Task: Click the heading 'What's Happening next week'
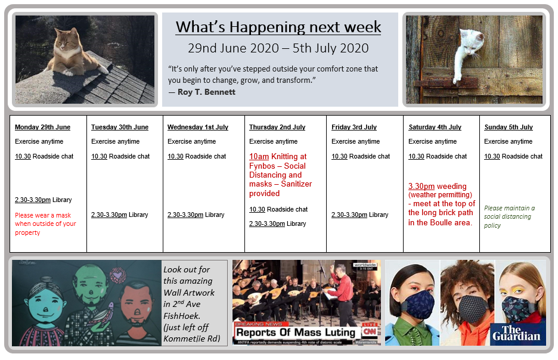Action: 278,27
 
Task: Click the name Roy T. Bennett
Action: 206,92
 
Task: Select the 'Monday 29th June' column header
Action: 43,127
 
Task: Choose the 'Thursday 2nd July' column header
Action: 277,127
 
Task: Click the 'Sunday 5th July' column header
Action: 509,127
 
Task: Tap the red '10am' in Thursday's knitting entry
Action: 259,157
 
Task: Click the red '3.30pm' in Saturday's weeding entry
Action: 421,186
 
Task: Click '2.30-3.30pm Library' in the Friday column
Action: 360,215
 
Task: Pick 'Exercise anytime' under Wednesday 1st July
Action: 192,141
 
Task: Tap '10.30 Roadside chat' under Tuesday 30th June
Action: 120,156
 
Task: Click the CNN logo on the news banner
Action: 370,331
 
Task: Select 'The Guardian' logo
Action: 516,333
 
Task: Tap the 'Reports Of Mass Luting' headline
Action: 296,333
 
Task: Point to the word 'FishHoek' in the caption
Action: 182,316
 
